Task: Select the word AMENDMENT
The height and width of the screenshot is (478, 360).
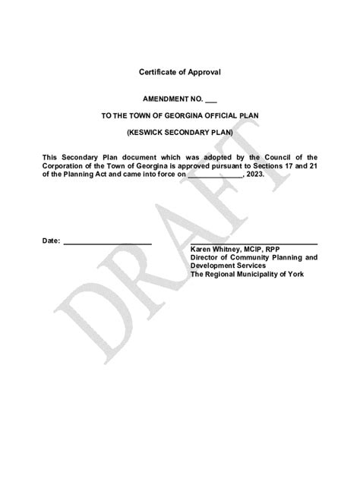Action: click(x=166, y=100)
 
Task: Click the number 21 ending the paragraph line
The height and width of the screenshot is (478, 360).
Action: click(x=312, y=165)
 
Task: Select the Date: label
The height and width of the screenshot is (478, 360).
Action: click(x=50, y=241)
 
